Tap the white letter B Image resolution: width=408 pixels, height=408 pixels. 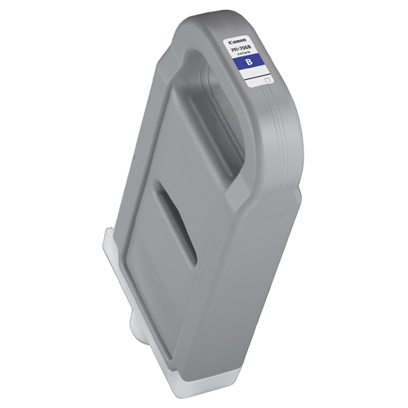pos(257,63)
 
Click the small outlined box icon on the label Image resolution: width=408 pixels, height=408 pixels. pos(266,80)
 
